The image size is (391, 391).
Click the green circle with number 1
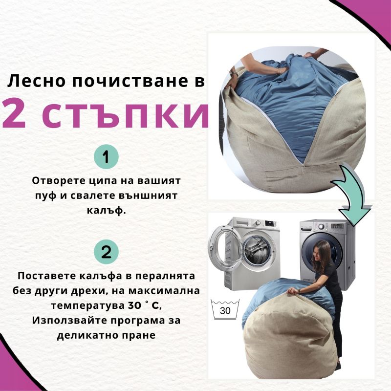point(106,156)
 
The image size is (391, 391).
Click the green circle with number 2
point(106,252)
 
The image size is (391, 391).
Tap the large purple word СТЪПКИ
point(125,114)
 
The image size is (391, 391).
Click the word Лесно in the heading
point(37,81)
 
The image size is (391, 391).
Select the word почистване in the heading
point(130,81)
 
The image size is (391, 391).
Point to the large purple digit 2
point(14,113)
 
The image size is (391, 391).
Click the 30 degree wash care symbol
point(225,309)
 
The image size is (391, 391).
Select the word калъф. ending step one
point(106,211)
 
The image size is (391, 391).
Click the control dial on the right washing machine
point(322,226)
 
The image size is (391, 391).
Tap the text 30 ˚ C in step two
point(144,305)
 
